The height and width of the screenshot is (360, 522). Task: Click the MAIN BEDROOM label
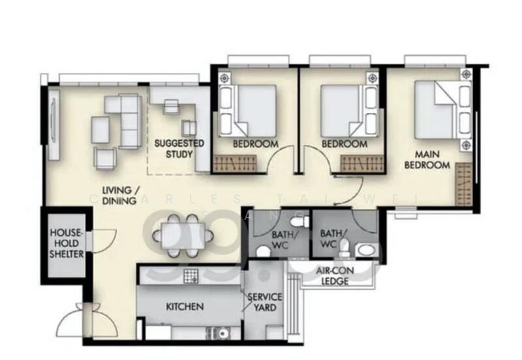[427, 160]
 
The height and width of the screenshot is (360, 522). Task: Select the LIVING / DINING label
[119, 196]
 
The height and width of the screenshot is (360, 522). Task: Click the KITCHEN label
[185, 306]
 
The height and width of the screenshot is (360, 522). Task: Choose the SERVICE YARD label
[264, 303]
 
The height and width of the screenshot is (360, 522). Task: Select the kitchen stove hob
[191, 277]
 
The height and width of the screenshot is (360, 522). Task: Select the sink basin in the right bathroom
[364, 252]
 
